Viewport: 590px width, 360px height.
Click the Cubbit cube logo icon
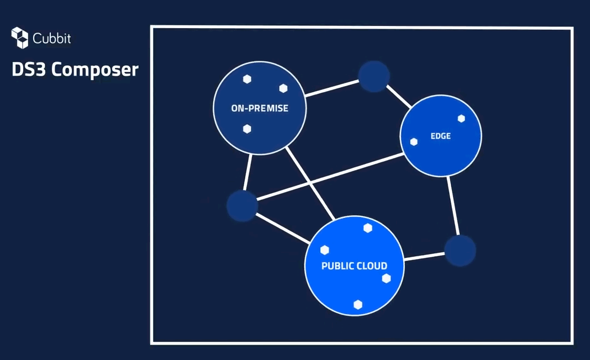click(x=19, y=38)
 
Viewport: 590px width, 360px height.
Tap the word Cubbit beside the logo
click(x=52, y=39)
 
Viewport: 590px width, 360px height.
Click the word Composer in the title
click(x=95, y=71)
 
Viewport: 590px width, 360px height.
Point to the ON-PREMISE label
click(x=260, y=108)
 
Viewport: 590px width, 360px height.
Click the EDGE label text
click(x=441, y=136)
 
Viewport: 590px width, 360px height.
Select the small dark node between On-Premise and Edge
click(x=374, y=76)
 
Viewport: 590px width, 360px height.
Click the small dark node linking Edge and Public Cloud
click(x=460, y=251)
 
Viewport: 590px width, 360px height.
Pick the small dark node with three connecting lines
click(x=243, y=206)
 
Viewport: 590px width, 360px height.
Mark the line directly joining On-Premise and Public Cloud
click(x=310, y=184)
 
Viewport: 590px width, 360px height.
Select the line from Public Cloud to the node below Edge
click(x=424, y=257)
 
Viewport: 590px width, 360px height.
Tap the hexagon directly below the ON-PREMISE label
click(x=247, y=129)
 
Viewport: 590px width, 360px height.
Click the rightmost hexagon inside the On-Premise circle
click(x=283, y=88)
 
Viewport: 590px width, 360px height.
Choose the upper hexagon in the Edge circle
click(x=461, y=119)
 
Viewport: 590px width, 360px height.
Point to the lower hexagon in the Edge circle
click(x=414, y=142)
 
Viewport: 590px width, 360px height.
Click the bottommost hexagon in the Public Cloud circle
click(x=358, y=305)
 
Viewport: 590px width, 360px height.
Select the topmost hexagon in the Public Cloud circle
click(x=368, y=228)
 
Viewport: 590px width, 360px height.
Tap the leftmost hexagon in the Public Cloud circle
click(x=325, y=250)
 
